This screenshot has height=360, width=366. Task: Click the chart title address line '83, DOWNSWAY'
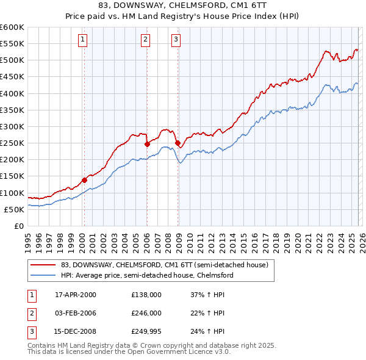183,5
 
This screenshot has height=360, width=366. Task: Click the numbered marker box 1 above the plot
83,40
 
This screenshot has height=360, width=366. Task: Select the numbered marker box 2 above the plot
146,40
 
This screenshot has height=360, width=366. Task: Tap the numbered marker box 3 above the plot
176,40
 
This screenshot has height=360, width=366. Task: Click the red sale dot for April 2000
84,180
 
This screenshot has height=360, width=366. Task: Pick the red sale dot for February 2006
147,145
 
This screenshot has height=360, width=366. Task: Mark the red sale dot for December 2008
178,143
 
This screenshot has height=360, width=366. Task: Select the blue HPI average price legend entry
146,276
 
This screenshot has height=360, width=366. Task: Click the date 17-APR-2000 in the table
76,295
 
